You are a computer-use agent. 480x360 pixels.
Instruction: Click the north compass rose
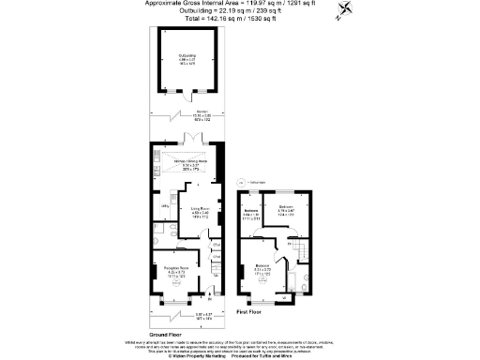click(x=348, y=11)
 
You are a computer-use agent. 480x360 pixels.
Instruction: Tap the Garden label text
click(x=187, y=115)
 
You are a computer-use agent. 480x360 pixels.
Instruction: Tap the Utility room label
click(x=164, y=207)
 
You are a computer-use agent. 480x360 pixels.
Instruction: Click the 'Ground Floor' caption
click(x=165, y=335)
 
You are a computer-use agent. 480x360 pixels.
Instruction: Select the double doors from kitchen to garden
click(x=192, y=142)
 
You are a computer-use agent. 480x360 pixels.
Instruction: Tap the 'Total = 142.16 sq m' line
click(x=240, y=18)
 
